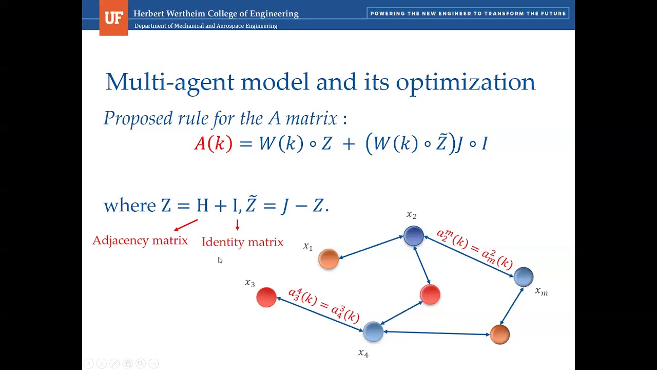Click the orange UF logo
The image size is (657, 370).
tap(113, 18)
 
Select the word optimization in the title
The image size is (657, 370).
tap(465, 82)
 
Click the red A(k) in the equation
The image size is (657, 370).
tap(213, 143)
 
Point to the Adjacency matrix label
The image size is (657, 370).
tap(140, 240)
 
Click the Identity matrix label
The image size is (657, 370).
tap(242, 242)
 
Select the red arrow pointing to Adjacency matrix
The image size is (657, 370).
tap(186, 225)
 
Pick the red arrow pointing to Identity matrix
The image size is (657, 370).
tap(237, 225)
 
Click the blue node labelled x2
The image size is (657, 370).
tap(414, 236)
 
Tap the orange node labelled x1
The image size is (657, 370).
tap(328, 259)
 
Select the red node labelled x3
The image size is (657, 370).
tap(266, 297)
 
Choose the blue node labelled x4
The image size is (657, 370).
tap(373, 331)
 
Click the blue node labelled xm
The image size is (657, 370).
tap(524, 276)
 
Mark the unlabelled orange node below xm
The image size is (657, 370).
tap(499, 335)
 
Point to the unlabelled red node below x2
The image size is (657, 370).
tap(430, 294)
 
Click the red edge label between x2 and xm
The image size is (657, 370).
tap(475, 249)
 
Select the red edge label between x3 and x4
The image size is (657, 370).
tap(324, 305)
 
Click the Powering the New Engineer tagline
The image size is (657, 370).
tap(468, 14)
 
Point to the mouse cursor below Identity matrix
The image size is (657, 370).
tap(220, 260)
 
